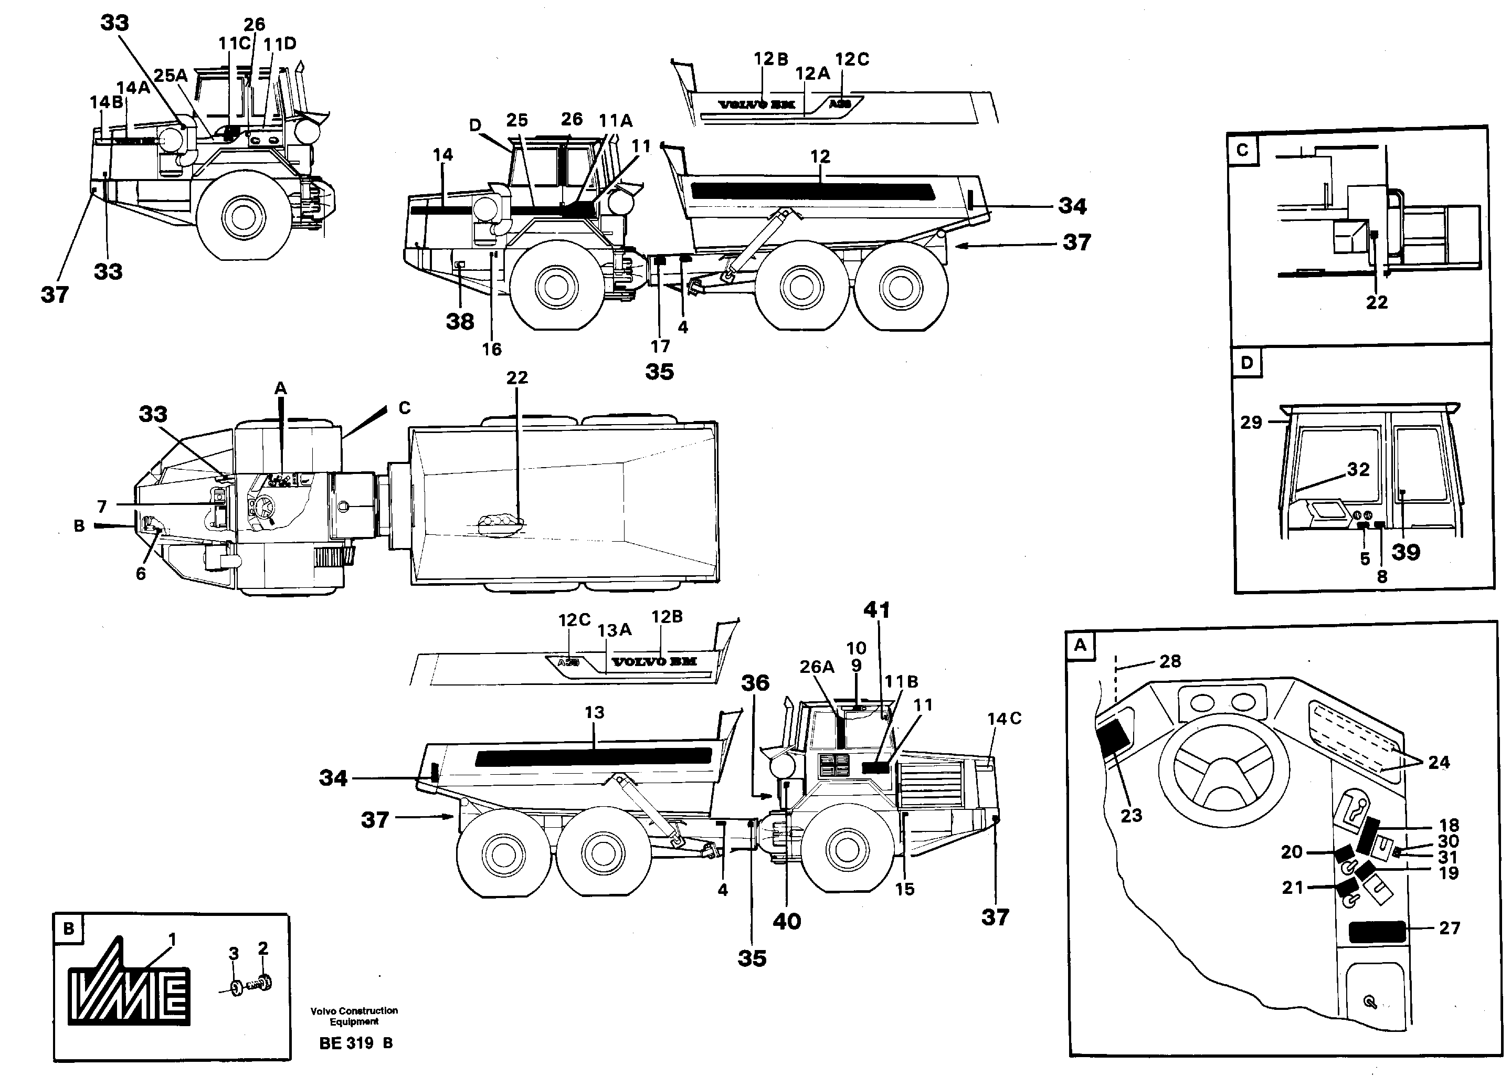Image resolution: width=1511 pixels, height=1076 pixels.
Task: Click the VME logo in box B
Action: (130, 988)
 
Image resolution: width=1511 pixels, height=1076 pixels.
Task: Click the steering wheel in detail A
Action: (1215, 772)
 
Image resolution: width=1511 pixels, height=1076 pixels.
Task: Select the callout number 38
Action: (460, 321)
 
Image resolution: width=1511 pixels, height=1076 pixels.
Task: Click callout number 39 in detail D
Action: (1406, 552)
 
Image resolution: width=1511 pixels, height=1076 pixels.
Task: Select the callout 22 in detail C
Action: (1377, 302)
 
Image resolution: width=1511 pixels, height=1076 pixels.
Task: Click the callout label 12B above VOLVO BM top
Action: (771, 59)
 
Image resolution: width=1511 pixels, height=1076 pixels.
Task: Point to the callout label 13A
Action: (614, 630)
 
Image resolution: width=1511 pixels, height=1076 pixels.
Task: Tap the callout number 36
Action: (755, 682)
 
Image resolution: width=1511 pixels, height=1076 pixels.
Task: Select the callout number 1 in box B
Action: (172, 939)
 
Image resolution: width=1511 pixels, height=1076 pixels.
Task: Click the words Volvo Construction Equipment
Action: (354, 1016)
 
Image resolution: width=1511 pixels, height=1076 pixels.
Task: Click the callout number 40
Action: (786, 921)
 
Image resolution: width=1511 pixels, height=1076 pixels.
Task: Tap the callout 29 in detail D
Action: (1251, 423)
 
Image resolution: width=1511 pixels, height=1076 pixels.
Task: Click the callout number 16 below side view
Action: (492, 349)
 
